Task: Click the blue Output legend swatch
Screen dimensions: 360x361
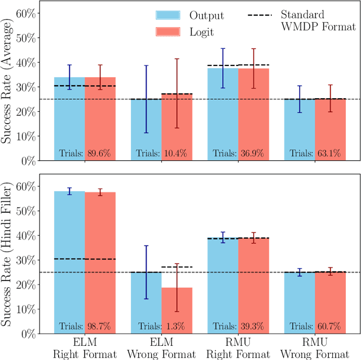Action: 168,15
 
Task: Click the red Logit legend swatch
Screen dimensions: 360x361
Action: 168,32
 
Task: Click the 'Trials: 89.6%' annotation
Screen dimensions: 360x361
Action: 84,152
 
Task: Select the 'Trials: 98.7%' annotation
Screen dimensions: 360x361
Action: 84,326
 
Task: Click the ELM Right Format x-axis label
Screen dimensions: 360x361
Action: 85,348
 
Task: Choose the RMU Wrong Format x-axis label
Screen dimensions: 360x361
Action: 315,348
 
